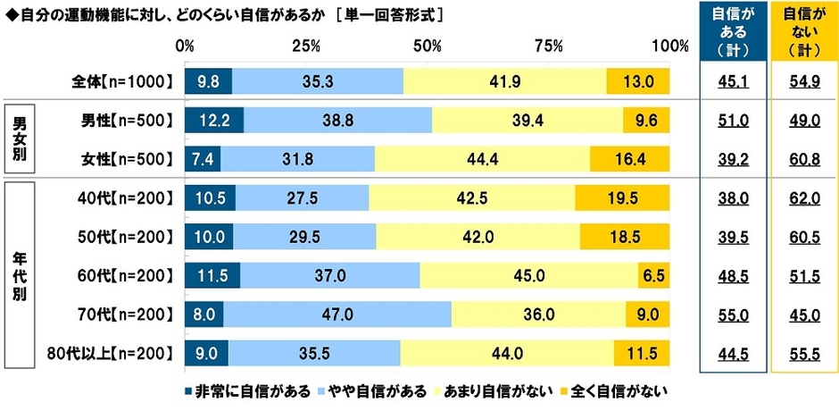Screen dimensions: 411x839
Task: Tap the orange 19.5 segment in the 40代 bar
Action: (622, 197)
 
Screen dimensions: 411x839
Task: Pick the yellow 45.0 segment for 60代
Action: (528, 274)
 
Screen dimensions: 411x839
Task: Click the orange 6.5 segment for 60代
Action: (653, 274)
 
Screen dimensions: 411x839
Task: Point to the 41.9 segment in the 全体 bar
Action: (504, 81)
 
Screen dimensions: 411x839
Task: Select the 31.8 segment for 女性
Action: (297, 158)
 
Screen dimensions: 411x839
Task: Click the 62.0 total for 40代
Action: (802, 197)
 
